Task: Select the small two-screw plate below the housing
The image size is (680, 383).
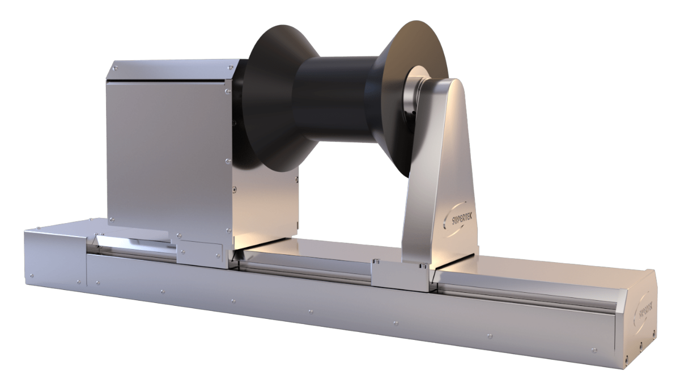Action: point(200,251)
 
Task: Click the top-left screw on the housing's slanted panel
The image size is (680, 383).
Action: point(115,68)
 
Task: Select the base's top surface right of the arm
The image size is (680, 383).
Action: point(527,272)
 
